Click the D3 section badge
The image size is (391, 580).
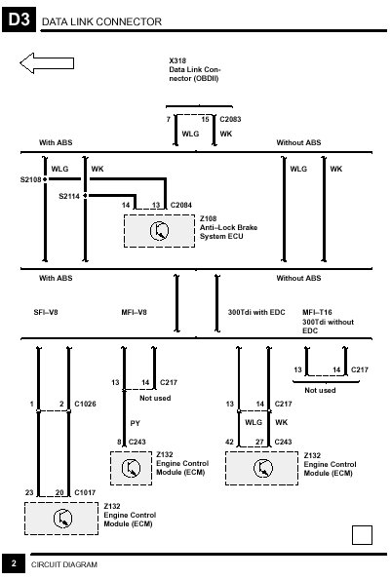pos(19,19)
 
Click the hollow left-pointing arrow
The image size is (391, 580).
pos(47,63)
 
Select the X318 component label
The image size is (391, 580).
pos(177,60)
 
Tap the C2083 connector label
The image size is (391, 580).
pos(230,119)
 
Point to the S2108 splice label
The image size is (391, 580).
pos(30,180)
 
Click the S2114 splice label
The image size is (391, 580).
pos(69,196)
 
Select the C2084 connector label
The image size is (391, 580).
pos(181,205)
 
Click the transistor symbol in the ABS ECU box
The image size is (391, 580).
pos(160,231)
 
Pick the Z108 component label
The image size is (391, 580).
pos(209,218)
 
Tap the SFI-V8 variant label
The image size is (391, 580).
pos(46,312)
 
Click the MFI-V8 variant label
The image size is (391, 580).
pos(134,312)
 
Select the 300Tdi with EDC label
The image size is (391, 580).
pos(256,312)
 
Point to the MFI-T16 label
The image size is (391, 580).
pos(317,312)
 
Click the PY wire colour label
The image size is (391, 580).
pos(135,423)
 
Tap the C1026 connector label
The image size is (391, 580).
pos(85,404)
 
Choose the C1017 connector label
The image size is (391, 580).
pos(85,492)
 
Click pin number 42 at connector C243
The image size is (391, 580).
pos(229,442)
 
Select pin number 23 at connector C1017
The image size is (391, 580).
pos(29,492)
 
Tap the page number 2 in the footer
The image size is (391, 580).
pos(14,563)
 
